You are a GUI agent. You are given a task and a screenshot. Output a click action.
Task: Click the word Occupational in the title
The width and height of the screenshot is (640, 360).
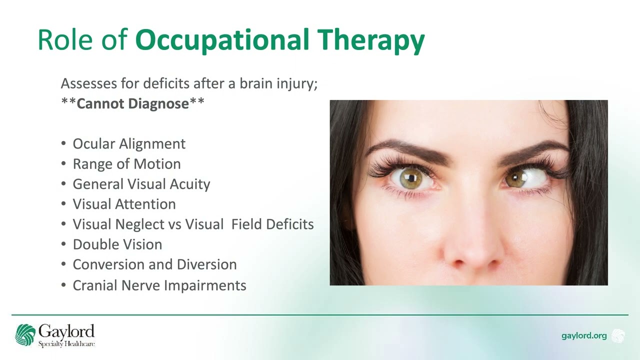[x=222, y=40]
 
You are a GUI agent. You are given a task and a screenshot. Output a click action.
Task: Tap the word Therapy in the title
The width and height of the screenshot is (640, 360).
[x=370, y=40]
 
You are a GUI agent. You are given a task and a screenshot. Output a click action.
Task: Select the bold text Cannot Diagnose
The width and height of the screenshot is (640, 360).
[x=132, y=103]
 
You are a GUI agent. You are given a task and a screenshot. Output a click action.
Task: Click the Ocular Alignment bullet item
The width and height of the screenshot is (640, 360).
[x=129, y=144]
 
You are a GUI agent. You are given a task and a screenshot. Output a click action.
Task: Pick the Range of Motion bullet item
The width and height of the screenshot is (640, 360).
[x=126, y=164]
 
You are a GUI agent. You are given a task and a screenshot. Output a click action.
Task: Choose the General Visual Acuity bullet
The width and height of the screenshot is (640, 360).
[x=141, y=184]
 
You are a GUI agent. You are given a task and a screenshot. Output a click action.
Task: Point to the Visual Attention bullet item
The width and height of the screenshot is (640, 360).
[x=124, y=204]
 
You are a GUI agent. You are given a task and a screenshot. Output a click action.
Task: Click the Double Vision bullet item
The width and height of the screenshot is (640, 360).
[x=117, y=244]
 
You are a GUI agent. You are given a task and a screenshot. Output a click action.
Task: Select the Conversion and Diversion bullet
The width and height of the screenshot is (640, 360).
[x=154, y=264]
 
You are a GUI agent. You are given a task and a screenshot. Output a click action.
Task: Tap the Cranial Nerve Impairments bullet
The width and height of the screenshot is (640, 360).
[x=159, y=285]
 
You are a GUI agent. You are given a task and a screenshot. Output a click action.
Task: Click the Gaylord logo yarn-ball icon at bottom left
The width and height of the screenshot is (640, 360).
[x=25, y=335]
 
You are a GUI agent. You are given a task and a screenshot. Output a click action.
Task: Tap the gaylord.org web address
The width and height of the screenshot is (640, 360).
[x=583, y=335]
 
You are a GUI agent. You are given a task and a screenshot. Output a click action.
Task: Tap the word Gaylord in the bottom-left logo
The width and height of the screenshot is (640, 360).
[x=66, y=331]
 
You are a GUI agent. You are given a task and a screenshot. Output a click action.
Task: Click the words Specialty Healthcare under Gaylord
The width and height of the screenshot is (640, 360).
[x=66, y=343]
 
